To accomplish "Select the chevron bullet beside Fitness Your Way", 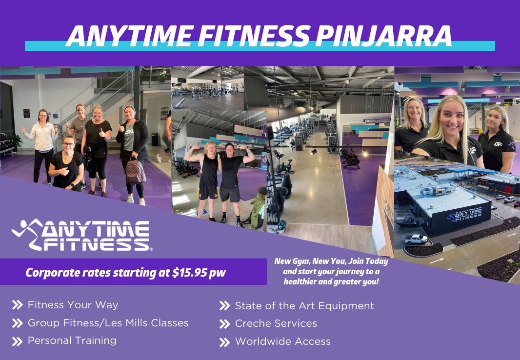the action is pos(17,305).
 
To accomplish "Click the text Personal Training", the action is pos(72,341).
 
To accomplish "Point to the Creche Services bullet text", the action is pos(276,323).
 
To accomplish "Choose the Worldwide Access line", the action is pos(283,341).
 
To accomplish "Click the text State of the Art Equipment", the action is pos(304,306).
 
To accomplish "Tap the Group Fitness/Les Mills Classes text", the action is pos(108,323).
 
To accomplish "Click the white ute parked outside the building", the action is pos(416,239).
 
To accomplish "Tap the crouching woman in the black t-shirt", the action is pos(67,163).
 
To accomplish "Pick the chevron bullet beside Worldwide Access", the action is pos(224,342).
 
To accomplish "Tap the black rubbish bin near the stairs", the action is pos(155,139).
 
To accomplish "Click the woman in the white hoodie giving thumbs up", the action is pos(43,146).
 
